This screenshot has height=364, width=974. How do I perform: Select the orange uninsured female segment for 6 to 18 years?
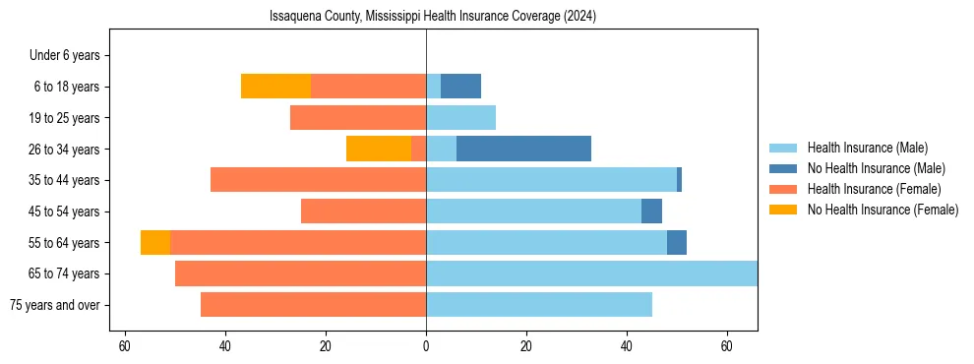coord(275,87)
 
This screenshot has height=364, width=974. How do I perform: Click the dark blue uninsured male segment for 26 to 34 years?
coord(523,149)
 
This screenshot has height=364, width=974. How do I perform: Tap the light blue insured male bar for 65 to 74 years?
coord(591,273)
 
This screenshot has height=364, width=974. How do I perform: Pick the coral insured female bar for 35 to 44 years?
coord(318,180)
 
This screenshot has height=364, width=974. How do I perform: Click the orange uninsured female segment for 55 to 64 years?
coord(155,242)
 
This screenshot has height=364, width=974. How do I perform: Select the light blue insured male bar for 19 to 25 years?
coord(460,118)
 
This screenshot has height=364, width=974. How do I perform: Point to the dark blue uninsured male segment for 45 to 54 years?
coord(651,212)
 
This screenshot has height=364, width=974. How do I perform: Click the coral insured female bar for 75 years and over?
coord(313,305)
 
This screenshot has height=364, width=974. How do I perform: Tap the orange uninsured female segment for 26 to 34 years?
coord(379,149)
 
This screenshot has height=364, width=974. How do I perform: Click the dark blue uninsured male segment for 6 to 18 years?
coord(460,87)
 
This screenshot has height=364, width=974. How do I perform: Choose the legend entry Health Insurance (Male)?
coord(867,148)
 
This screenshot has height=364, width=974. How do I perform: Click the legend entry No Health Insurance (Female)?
coord(883,210)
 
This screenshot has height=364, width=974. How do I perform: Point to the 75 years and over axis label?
coord(55,305)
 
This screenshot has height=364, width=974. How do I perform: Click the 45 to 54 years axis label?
coord(65,212)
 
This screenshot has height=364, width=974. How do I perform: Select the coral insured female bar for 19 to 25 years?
coord(358,118)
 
